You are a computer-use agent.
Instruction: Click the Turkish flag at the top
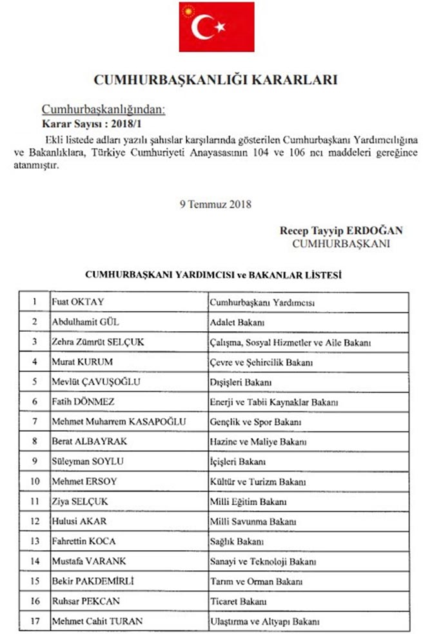[x=211, y=27]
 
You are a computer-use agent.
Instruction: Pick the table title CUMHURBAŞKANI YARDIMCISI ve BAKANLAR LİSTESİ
[x=213, y=274]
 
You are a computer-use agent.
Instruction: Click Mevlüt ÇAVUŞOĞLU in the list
[x=95, y=382]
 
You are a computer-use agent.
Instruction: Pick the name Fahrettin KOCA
[x=84, y=542]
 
